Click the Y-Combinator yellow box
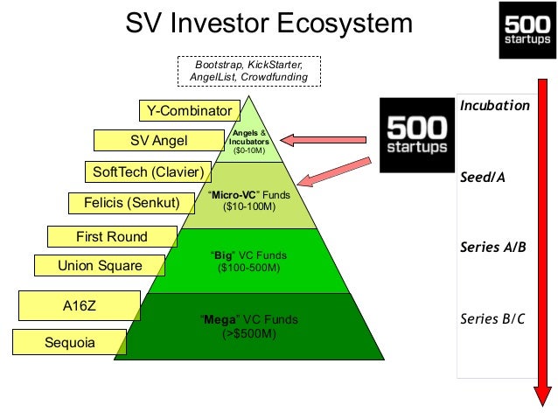tap(190, 111)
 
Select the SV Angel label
tap(159, 140)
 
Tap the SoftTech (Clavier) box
tap(148, 172)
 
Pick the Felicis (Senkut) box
tap(132, 203)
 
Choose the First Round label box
tap(112, 237)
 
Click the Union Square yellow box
tap(100, 265)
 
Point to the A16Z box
tap(80, 306)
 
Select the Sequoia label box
tap(70, 342)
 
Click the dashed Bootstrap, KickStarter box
tap(249, 71)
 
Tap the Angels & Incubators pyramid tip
tap(249, 96)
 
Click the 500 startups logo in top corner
tap(527, 31)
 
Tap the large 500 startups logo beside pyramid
tap(417, 136)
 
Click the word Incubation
tap(495, 106)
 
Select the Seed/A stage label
tap(483, 177)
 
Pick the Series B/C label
tap(492, 318)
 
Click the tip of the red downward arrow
tap(543, 406)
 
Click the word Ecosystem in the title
tap(345, 23)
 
